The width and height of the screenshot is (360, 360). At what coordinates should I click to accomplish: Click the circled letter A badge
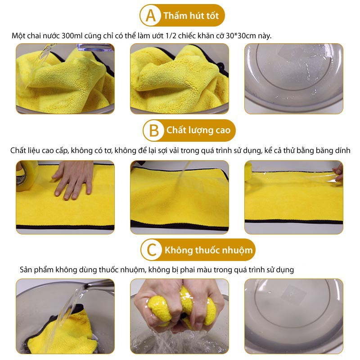click(x=150, y=15)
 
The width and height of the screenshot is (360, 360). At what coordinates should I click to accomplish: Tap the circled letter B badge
click(x=153, y=130)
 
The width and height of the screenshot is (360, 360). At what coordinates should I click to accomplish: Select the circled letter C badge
click(x=152, y=250)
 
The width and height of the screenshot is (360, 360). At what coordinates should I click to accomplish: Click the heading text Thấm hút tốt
click(x=191, y=16)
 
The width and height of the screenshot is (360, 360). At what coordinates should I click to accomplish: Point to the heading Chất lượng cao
click(x=198, y=130)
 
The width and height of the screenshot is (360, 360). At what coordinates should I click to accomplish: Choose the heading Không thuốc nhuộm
click(x=208, y=250)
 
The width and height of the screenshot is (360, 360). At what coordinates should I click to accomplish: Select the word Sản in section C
click(x=26, y=269)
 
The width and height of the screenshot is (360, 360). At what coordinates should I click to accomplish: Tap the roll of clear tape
click(x=27, y=175)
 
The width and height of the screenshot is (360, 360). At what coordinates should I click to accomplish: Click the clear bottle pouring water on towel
click(x=95, y=47)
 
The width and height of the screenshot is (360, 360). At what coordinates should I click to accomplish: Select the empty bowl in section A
click(x=294, y=78)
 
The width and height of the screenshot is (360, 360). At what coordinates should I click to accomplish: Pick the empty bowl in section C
click(x=294, y=316)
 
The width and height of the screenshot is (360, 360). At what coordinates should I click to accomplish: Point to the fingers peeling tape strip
click(x=338, y=173)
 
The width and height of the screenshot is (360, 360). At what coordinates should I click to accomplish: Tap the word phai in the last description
click(x=187, y=270)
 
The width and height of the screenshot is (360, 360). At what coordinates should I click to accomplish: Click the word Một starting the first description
click(x=18, y=36)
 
